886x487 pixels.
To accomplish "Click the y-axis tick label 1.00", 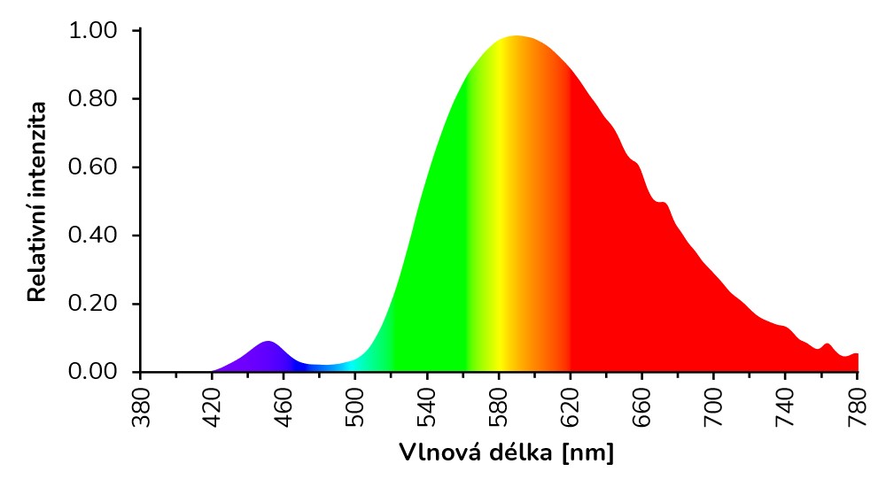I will click(92, 31).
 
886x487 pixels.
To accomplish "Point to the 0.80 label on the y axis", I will click(92, 99).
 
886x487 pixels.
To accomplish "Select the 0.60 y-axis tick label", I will click(92, 167).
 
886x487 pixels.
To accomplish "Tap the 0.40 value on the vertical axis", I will click(92, 236).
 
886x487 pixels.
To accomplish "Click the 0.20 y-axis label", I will click(92, 304).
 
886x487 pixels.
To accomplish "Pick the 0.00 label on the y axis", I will click(92, 372).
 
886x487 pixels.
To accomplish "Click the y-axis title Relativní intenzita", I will click(37, 201).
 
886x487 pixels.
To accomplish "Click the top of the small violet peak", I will click(268, 342).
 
